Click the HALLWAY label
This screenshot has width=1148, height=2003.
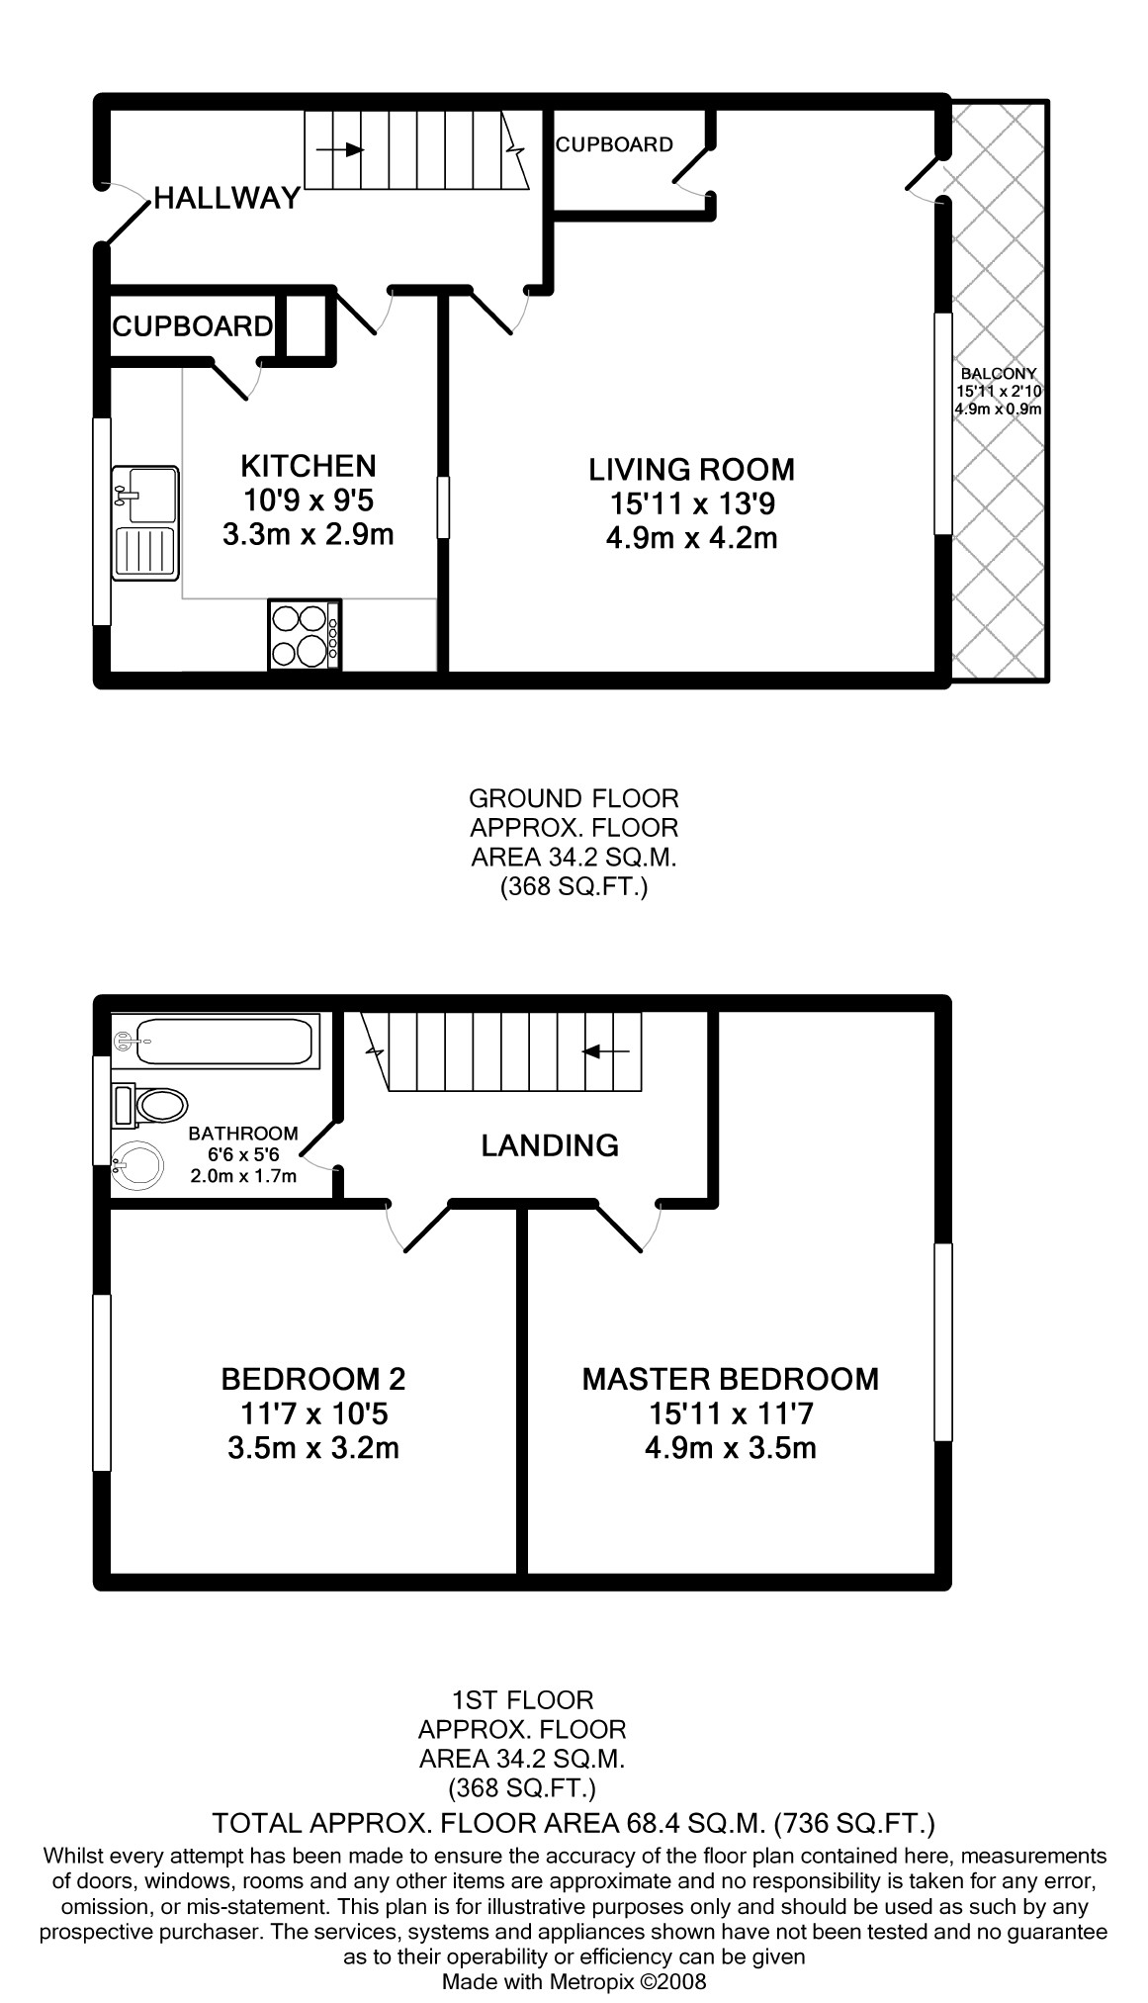tap(226, 199)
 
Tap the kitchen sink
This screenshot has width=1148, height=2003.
tap(144, 522)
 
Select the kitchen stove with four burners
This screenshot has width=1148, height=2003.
tap(305, 633)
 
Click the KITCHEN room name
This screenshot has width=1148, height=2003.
tap(309, 466)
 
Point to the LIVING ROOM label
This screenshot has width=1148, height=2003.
tap(692, 469)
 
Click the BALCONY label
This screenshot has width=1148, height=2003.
tap(999, 374)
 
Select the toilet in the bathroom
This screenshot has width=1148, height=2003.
tap(150, 1105)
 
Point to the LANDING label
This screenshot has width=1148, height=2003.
tap(550, 1145)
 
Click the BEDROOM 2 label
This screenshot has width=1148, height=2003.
tap(313, 1379)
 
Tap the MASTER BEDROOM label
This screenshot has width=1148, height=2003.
tap(730, 1379)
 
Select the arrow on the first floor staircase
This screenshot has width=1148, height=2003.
tap(607, 1051)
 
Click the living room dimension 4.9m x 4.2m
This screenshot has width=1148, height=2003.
tap(691, 539)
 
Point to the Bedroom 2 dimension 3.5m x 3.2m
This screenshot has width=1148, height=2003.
tap(313, 1449)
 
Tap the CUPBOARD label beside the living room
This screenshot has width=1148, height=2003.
tap(614, 145)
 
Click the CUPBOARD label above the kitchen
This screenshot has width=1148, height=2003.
tap(193, 326)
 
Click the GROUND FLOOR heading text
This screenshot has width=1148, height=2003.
tap(574, 798)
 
